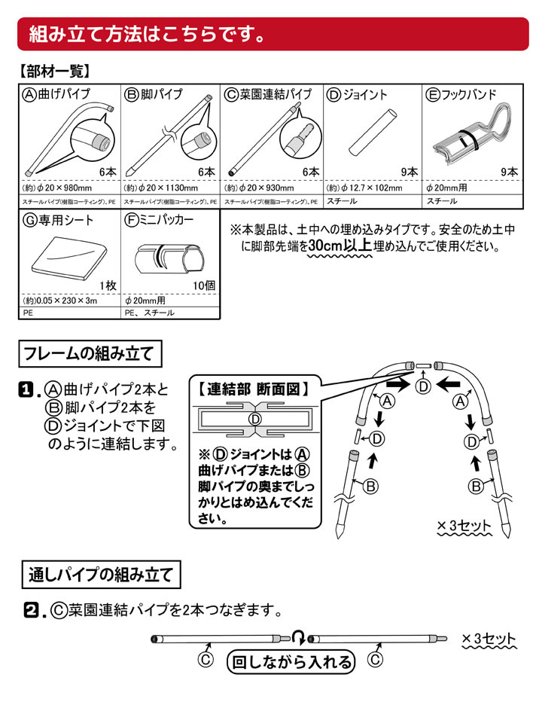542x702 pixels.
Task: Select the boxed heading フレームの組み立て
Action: click(x=89, y=353)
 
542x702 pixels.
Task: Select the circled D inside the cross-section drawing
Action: click(x=255, y=419)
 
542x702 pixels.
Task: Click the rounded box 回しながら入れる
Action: click(x=291, y=663)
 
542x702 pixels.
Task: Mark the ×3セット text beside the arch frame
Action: click(x=464, y=525)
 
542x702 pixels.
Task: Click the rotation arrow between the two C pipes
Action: click(x=300, y=639)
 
